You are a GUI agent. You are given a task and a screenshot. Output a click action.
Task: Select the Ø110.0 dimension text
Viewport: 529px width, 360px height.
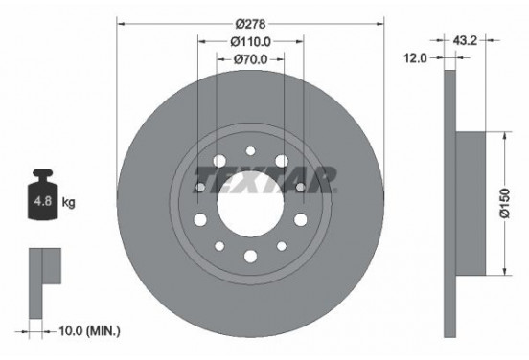point(251,41)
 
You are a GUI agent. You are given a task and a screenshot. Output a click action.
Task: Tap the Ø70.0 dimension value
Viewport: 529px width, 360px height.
point(251,60)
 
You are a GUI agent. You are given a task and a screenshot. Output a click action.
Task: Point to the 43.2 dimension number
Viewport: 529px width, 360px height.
point(465,41)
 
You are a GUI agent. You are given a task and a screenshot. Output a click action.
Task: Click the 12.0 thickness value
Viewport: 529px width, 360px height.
point(415,58)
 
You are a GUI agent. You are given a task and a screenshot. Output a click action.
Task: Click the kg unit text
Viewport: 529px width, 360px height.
point(69,203)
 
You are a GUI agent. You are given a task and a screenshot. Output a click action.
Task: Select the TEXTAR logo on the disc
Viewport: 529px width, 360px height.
point(265,179)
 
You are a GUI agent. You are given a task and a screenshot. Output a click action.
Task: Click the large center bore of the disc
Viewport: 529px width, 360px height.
point(250,202)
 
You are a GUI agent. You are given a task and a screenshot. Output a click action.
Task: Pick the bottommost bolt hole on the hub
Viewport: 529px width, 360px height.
point(250,256)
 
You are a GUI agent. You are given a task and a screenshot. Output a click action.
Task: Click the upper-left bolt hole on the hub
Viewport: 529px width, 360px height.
point(219,162)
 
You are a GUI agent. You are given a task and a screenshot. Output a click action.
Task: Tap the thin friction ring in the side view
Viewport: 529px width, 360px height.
point(448,203)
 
